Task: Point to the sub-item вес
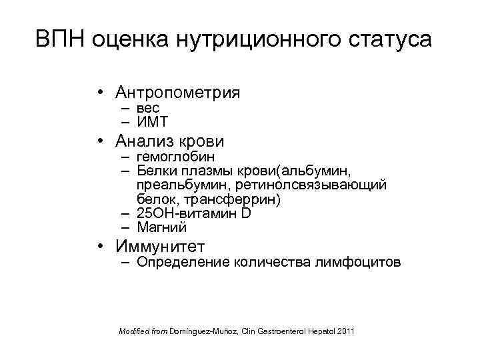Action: click(147, 107)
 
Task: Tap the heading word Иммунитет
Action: click(160, 246)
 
